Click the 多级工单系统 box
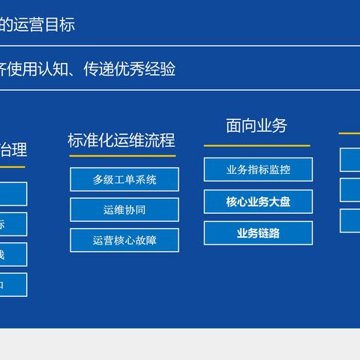pyautogui.click(x=124, y=179)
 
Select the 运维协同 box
pyautogui.click(x=124, y=210)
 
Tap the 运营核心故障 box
pyautogui.click(x=124, y=240)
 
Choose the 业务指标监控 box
pyautogui.click(x=258, y=169)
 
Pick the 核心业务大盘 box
pyautogui.click(x=258, y=201)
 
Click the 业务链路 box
pyautogui.click(x=258, y=232)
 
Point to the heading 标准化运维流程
pyautogui.click(x=121, y=140)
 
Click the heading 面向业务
pyautogui.click(x=256, y=125)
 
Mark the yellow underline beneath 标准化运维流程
pyautogui.click(x=123, y=156)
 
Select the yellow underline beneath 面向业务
pyautogui.click(x=256, y=145)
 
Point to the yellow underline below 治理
pyautogui.click(x=12, y=166)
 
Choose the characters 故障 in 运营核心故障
pyautogui.click(x=146, y=240)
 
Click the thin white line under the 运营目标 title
pyautogui.click(x=180, y=45)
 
